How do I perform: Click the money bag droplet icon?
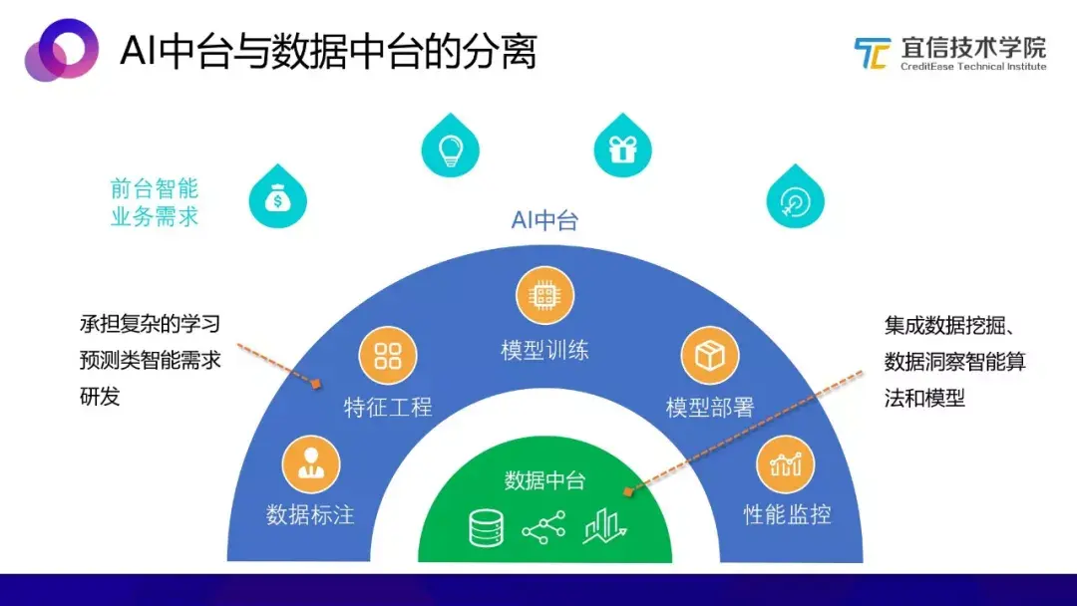pos(277,199)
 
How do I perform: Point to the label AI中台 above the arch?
pos(544,220)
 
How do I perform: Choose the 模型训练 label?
pos(544,351)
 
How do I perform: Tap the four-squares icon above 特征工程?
pos(387,355)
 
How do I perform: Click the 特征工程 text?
pos(388,408)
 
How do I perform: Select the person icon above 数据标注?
pos(311,462)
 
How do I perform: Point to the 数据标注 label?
pos(310,515)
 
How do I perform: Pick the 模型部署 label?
pos(710,408)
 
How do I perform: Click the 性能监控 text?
pos(788,515)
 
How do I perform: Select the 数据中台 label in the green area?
pos(544,481)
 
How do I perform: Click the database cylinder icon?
pos(487,528)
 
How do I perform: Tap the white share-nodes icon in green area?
pos(543,527)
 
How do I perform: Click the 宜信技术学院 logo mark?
pos(872,53)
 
